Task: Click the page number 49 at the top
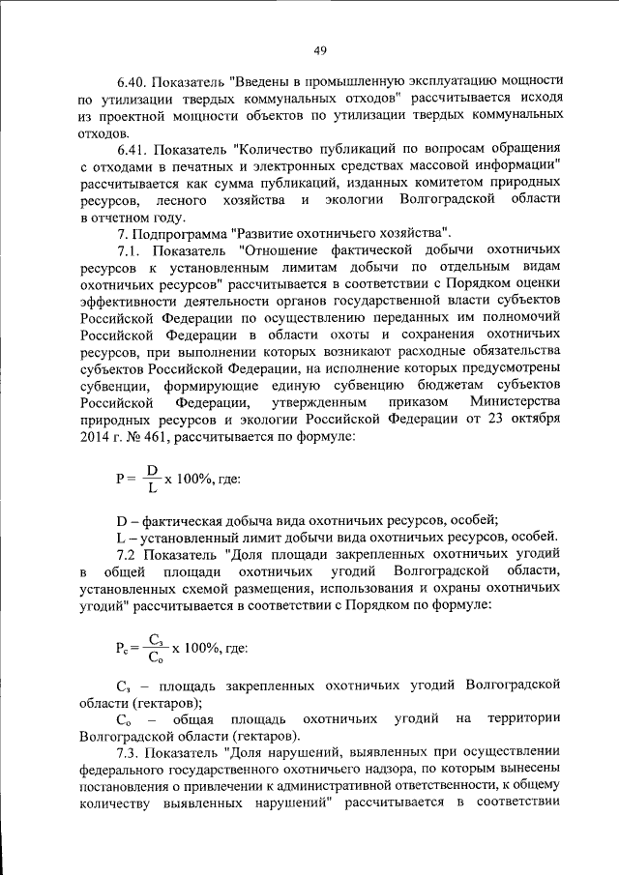(x=320, y=50)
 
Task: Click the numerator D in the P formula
(x=152, y=470)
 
